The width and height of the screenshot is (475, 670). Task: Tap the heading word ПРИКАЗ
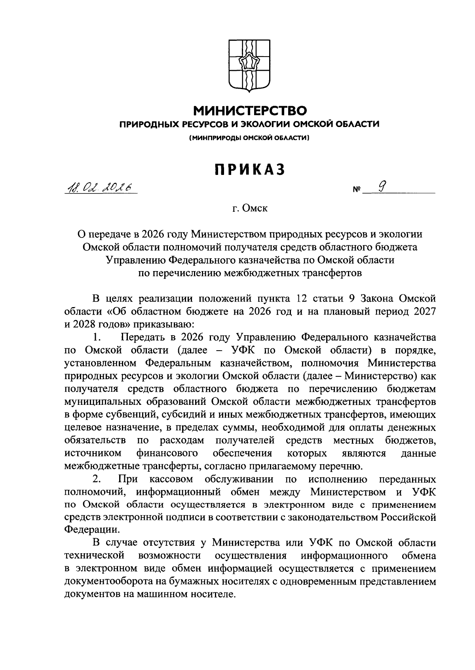(x=250, y=169)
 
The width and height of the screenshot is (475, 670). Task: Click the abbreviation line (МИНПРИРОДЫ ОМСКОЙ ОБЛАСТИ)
(x=250, y=138)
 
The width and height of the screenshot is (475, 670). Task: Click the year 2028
(x=85, y=325)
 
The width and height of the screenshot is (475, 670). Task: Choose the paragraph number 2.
(x=97, y=479)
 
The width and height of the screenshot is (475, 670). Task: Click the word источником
(x=92, y=453)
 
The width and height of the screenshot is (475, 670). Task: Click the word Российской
(x=409, y=517)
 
